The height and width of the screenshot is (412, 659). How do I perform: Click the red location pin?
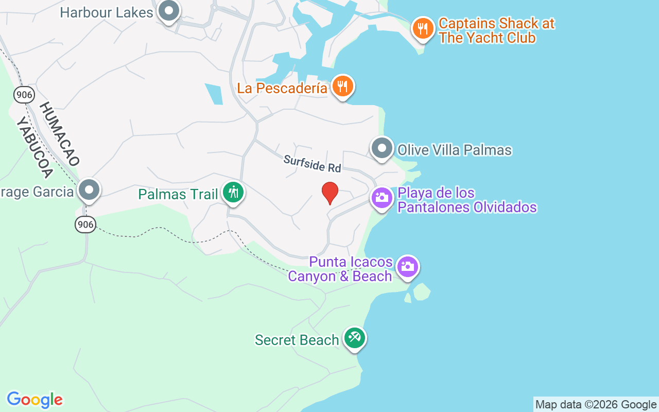[329, 193]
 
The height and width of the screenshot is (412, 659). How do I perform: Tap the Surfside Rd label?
[312, 164]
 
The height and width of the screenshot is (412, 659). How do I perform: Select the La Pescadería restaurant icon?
[342, 86]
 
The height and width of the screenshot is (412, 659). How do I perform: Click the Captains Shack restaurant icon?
[423, 28]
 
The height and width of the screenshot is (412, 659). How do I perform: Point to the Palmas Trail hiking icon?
[233, 193]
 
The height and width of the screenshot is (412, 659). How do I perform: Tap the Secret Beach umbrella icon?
[355, 338]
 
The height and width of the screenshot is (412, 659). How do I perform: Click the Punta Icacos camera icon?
[407, 267]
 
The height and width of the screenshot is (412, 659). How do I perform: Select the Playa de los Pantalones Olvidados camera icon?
[382, 197]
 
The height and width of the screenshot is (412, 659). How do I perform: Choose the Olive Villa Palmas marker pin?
[382, 148]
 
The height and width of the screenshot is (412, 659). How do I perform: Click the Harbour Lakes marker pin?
[168, 11]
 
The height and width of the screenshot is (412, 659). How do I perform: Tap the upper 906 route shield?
[24, 94]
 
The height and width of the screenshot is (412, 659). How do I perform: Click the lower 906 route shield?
[85, 224]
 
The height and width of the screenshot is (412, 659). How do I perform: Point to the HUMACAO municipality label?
[59, 133]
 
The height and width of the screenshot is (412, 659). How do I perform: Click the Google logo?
[34, 400]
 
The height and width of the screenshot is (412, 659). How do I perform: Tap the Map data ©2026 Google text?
[596, 405]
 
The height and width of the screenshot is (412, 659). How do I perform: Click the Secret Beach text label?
[297, 340]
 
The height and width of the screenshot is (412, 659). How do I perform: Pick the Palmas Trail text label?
[178, 194]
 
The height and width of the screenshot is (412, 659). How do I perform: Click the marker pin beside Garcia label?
[89, 190]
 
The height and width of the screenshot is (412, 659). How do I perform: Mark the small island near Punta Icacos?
[422, 291]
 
